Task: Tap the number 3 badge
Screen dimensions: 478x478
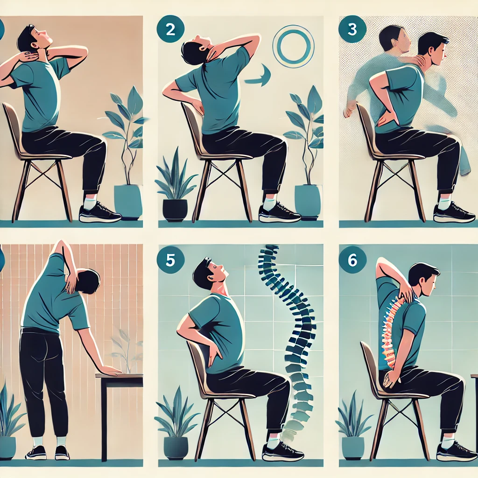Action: pos(352,29)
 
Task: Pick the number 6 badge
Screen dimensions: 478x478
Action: pos(352,260)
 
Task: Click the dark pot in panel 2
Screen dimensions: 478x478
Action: pos(175,210)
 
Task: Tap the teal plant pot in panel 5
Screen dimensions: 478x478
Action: pos(176,448)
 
